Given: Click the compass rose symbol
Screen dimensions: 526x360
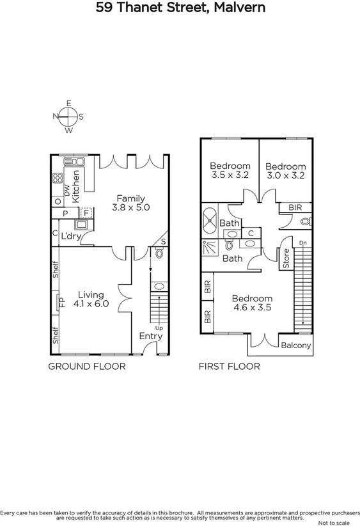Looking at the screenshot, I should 68,116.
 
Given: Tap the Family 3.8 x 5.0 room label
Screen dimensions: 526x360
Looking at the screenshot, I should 130,203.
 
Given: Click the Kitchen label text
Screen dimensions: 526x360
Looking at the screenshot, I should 76,186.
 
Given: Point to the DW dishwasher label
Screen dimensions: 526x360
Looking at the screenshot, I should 67,190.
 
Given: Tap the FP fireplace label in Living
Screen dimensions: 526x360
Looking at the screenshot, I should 62,301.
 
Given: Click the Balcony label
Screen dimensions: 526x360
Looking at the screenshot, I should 296,346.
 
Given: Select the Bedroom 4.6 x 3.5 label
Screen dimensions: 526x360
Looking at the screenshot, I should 252,303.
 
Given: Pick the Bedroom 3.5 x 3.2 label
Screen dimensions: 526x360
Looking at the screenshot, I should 229,170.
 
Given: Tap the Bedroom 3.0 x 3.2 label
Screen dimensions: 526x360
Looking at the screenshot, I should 286,170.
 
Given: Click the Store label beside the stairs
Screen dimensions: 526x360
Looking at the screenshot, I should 286,259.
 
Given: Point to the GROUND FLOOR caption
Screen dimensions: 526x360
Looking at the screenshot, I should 87,367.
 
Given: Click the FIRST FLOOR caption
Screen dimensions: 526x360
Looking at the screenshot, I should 229,367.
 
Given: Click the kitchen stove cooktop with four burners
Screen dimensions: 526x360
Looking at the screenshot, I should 57,179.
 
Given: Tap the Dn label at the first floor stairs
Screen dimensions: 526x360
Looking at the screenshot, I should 302,243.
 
